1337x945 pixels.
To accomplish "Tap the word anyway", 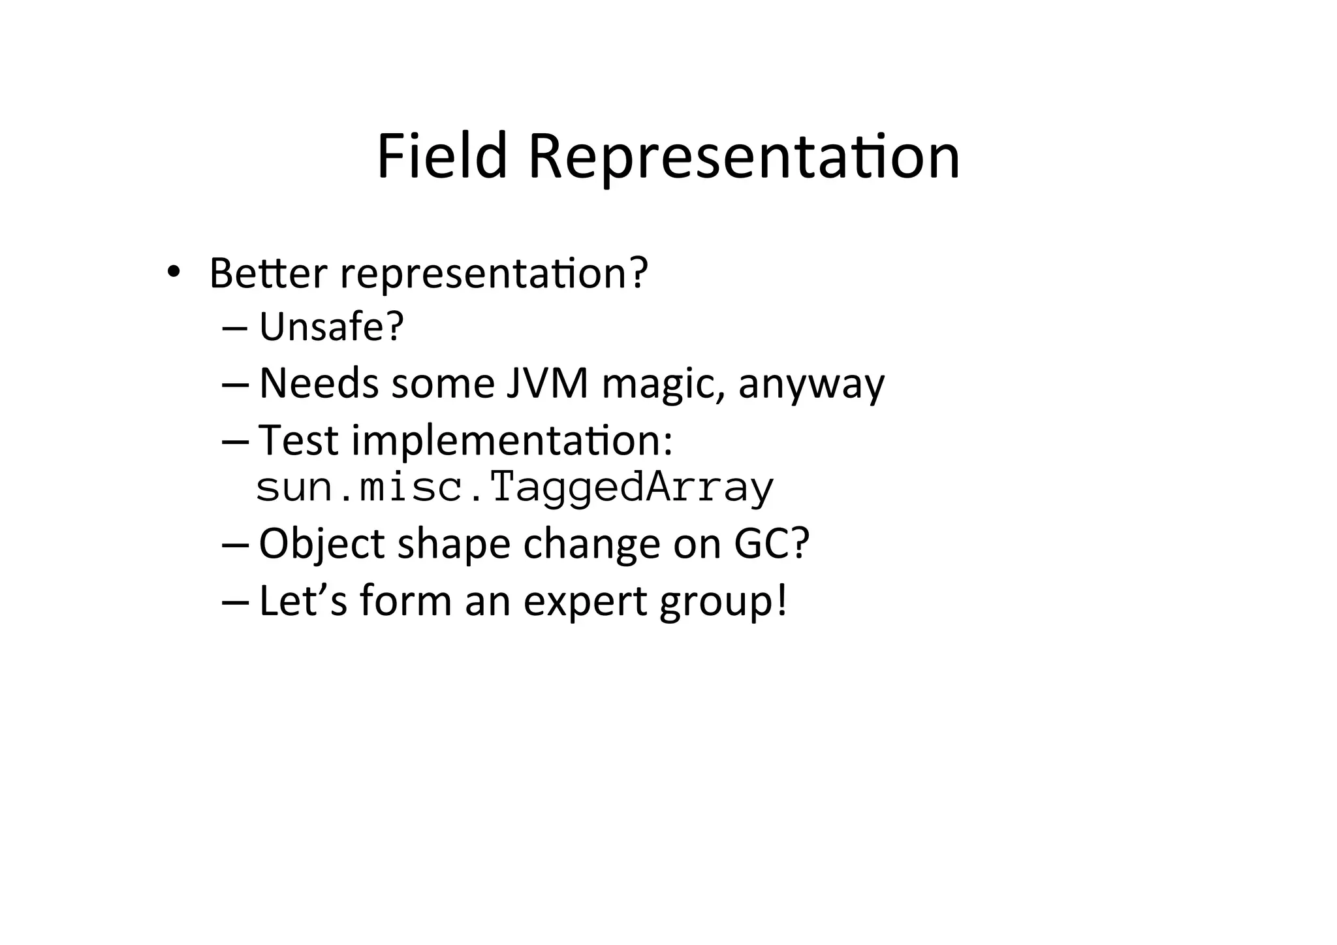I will tap(811, 385).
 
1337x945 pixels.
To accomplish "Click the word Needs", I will tap(319, 383).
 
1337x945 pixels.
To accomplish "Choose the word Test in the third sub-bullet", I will tap(298, 440).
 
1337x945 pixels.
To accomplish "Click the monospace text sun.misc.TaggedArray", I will tap(514, 488).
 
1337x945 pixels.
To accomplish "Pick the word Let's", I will tap(303, 600).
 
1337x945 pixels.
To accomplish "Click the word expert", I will tap(585, 601).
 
